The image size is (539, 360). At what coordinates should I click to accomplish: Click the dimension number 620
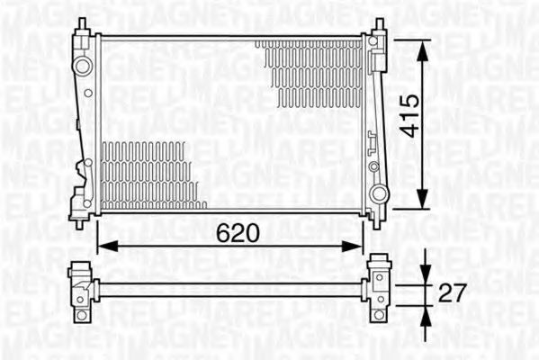pos(238,232)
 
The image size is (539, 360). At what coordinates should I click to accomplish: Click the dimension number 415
pos(409,115)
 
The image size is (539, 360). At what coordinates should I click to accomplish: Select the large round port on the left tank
pos(83,66)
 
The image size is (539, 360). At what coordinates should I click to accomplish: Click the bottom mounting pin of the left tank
pos(80,222)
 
